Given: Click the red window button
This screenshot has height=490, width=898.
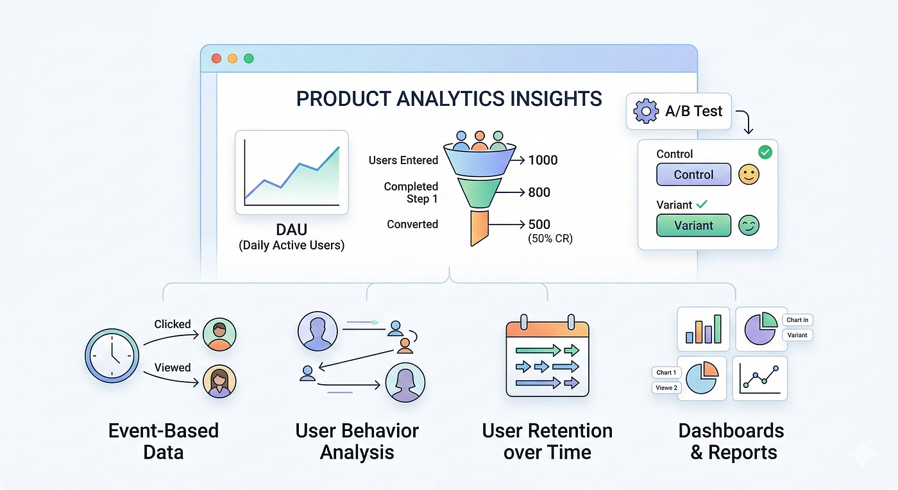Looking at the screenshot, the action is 217,58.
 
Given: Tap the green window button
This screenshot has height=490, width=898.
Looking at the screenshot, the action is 249,58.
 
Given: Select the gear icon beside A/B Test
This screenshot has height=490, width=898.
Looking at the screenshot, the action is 645,111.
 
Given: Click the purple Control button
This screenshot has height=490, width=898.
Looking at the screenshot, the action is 693,174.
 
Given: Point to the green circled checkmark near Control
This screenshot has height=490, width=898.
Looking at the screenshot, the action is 765,153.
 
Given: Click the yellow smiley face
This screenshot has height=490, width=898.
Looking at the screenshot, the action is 749,174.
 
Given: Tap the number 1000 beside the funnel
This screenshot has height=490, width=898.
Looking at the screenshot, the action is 543,160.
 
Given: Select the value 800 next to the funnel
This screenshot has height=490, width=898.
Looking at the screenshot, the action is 539,192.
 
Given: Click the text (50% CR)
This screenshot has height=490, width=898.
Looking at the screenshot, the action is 550,239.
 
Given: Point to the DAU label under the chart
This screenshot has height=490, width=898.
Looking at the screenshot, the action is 291,230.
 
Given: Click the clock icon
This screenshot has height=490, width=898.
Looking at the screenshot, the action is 112,356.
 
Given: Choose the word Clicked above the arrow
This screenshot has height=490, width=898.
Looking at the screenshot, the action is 173,324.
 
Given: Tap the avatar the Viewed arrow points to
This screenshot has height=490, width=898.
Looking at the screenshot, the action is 219,382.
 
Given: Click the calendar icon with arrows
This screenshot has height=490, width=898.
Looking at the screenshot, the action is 547,356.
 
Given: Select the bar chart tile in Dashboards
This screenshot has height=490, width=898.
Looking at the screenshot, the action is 703,329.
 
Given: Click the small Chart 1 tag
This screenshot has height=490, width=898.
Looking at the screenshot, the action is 666,373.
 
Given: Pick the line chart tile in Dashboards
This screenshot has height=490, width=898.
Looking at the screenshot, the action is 759,378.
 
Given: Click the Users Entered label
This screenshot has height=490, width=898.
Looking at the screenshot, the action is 403,160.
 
